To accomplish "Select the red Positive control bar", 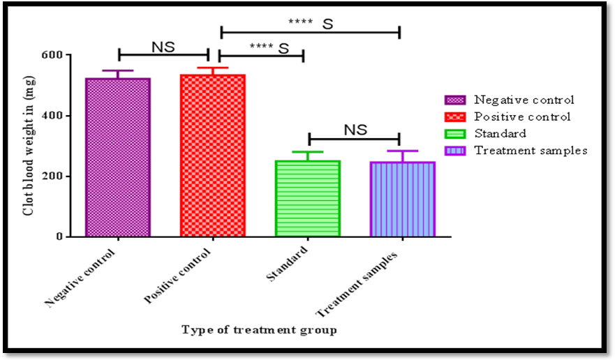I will tap(213, 155).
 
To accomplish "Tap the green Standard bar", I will tap(308, 199).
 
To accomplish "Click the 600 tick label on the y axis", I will tap(52, 55).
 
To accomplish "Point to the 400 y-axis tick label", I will tap(52, 116).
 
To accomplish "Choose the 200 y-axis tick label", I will tap(52, 177).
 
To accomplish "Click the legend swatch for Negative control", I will tap(455, 100).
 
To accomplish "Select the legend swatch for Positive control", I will tap(455, 117).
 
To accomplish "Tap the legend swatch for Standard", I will tap(455, 133).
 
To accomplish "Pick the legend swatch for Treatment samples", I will tap(455, 150).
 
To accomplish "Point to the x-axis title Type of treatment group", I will tap(259, 330).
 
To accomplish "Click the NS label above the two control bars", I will tap(163, 47).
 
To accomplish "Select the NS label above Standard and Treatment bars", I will tap(355, 130).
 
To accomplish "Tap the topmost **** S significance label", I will tap(311, 23).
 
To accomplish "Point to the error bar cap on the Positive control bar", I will tap(213, 68).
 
